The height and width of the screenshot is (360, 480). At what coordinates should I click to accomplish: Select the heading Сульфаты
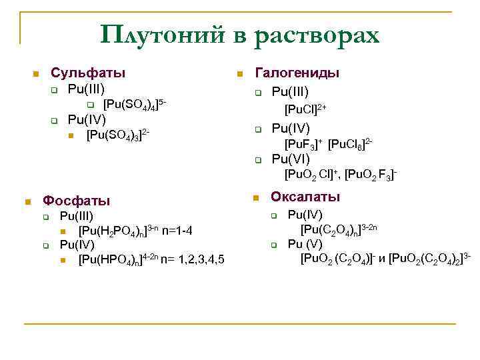point(89,73)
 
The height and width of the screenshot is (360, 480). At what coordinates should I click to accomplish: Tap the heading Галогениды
point(297,73)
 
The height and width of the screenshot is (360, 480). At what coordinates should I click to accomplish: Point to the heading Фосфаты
point(77,200)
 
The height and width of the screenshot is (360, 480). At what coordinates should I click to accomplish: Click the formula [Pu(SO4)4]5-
point(134,105)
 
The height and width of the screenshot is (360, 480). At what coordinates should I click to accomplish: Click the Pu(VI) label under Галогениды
point(291,159)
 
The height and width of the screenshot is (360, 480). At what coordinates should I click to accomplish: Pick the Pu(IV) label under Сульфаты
point(87,120)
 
